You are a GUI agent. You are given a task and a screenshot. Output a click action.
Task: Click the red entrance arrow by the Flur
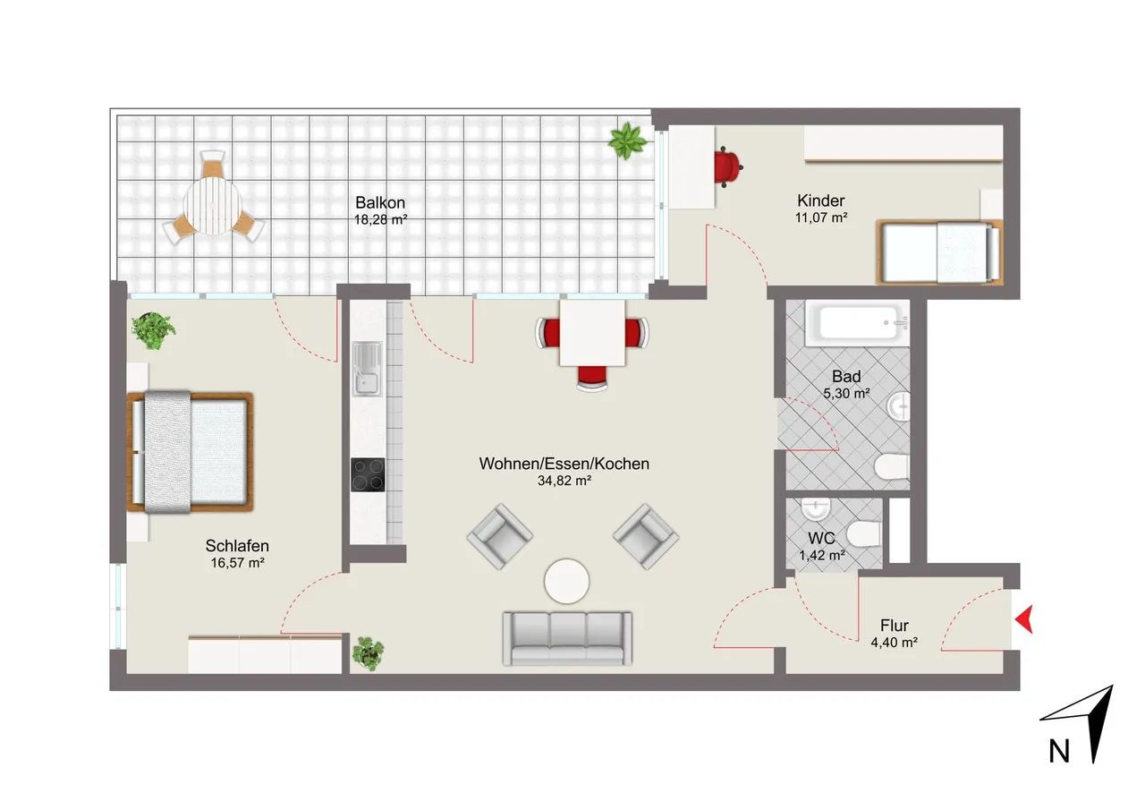(1024, 619)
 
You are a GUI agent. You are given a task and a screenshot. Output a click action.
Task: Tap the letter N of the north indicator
(1059, 752)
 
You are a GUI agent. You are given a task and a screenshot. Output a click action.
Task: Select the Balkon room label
(380, 202)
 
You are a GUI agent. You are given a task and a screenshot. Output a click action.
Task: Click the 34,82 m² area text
(564, 480)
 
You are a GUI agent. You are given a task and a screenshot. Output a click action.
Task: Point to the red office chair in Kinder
(728, 166)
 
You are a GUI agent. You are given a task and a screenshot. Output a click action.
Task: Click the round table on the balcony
(212, 206)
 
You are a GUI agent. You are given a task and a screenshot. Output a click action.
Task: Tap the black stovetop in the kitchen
(368, 474)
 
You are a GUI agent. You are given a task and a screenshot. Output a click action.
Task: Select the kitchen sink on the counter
(367, 369)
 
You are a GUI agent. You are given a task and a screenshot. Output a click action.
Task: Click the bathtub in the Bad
(857, 323)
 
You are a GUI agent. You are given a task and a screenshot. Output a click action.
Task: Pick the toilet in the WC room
(864, 533)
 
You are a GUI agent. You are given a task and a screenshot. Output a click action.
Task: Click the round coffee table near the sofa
(566, 582)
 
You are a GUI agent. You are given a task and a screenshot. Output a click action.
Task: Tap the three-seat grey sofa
(567, 638)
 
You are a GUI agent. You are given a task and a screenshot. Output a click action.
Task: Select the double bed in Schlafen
(191, 452)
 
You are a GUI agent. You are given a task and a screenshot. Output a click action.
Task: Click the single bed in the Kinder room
(939, 252)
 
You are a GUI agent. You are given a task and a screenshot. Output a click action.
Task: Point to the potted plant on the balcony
(627, 141)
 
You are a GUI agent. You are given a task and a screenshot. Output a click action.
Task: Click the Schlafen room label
(237, 546)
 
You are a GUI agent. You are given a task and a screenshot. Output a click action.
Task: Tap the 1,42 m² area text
(822, 555)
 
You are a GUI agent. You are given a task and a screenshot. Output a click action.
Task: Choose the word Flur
(894, 626)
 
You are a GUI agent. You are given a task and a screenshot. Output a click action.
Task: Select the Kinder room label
(821, 200)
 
